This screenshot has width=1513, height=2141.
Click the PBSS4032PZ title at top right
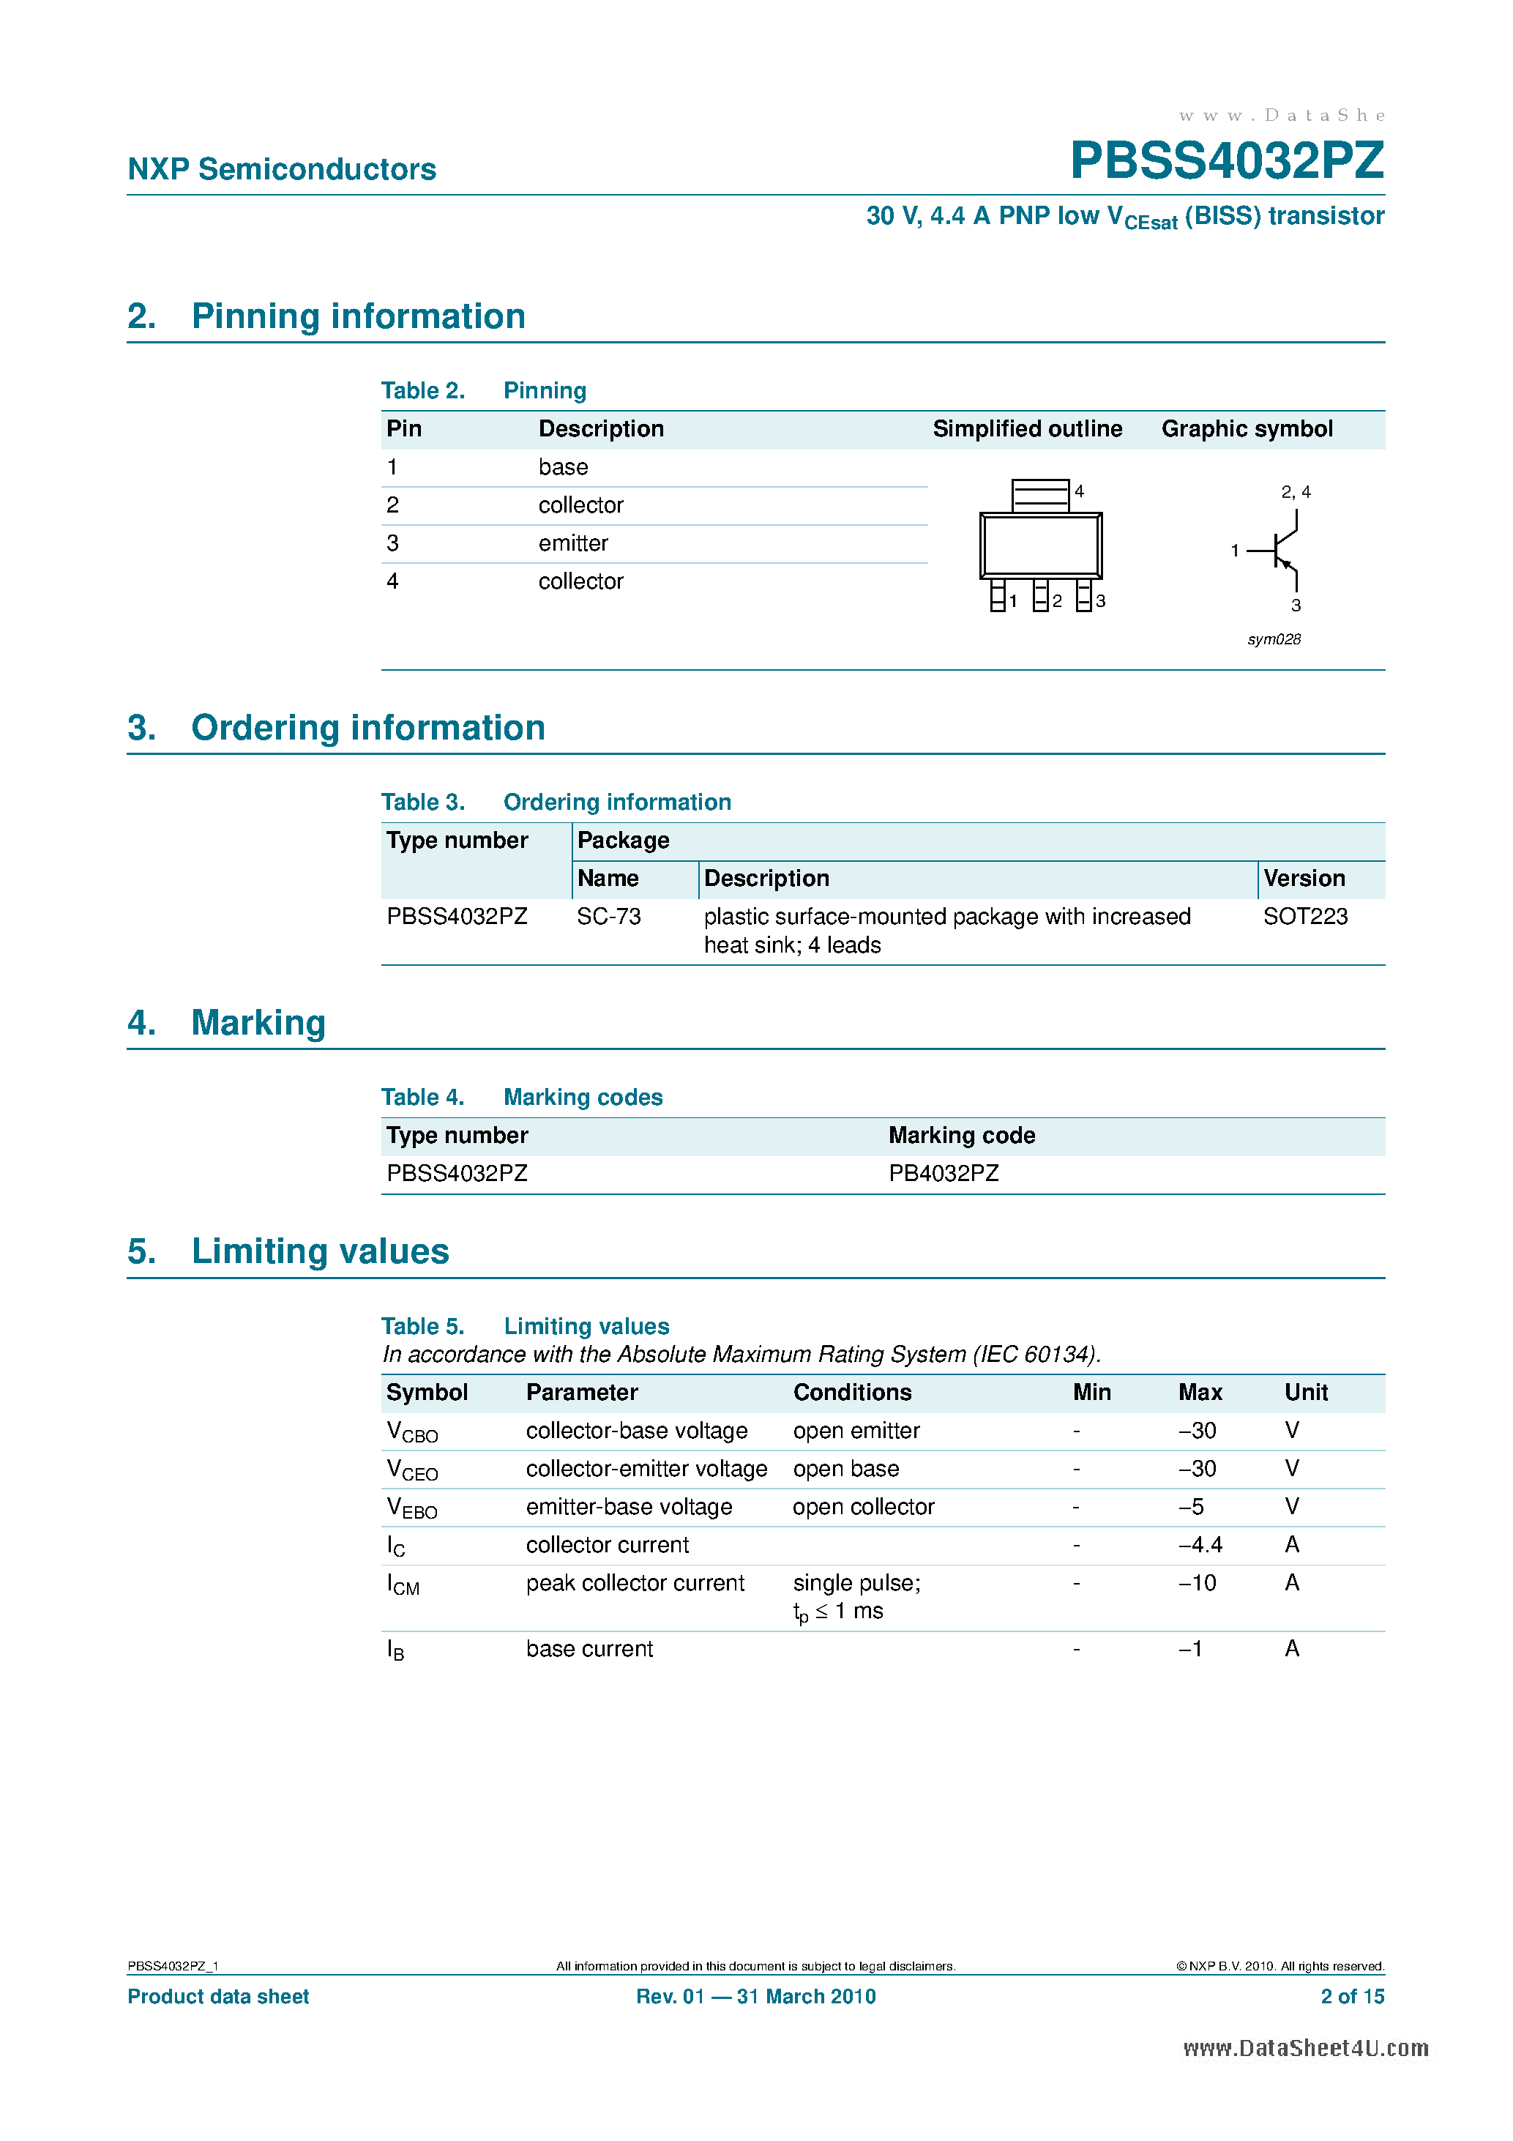(1226, 160)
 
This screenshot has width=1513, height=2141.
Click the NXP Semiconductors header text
(282, 169)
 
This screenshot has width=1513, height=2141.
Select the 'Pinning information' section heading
(358, 316)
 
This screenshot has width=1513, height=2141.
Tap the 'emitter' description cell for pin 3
(572, 543)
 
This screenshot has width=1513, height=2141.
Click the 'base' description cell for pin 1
(563, 467)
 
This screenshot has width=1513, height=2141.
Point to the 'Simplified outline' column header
(1026, 429)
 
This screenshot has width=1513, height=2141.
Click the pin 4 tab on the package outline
(1039, 495)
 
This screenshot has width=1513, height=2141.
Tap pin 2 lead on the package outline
(1040, 595)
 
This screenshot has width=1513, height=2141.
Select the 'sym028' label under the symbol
(1274, 640)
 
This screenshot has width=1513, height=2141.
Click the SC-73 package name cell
(609, 917)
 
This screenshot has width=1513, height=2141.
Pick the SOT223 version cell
(1304, 917)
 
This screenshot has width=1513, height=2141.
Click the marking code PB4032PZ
(943, 1173)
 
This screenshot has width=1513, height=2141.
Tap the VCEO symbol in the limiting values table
(411, 1470)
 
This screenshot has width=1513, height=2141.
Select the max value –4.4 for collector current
(1200, 1545)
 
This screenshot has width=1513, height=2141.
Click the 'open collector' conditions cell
(863, 1507)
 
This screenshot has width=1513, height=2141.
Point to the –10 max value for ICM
(1197, 1583)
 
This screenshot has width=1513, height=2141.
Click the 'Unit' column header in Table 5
(1305, 1392)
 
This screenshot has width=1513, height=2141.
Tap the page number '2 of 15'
(1352, 1997)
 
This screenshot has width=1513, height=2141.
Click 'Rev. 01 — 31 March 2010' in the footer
(755, 1997)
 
